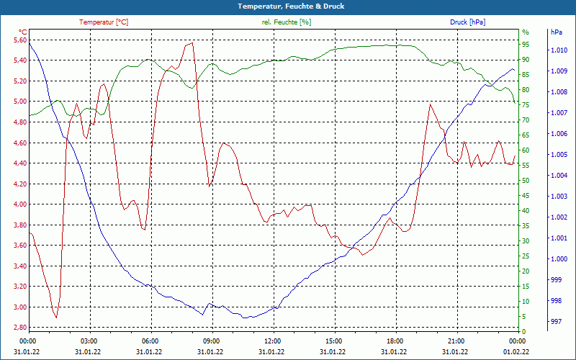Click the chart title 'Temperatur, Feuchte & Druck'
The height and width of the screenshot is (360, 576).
click(288, 6)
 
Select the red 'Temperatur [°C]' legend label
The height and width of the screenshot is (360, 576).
click(104, 22)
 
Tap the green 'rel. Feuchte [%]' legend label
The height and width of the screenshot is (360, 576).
click(287, 22)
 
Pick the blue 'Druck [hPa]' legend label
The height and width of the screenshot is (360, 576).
click(467, 22)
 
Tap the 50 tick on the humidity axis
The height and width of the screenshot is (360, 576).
click(525, 181)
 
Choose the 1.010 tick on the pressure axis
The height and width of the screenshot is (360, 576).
click(559, 50)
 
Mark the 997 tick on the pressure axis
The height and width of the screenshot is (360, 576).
click(556, 322)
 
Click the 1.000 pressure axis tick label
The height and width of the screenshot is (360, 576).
click(559, 259)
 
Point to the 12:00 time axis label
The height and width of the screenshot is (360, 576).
click(273, 341)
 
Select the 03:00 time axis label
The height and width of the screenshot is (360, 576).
click(89, 341)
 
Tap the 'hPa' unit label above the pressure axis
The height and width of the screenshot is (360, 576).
click(556, 32)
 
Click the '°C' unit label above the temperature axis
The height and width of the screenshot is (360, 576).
click(22, 32)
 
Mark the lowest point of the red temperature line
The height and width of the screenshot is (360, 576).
click(55, 318)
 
